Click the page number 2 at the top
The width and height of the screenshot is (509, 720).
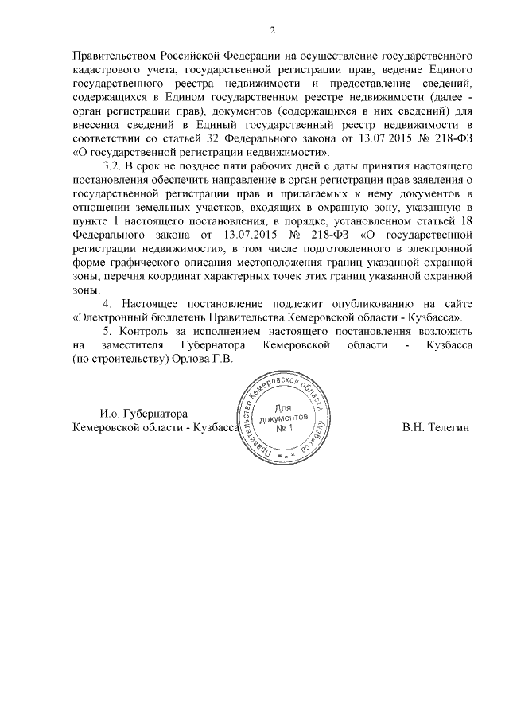tap(272, 31)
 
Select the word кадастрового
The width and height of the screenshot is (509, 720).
tap(107, 70)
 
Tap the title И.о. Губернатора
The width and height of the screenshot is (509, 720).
tap(143, 414)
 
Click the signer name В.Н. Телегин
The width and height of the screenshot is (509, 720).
tap(436, 427)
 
